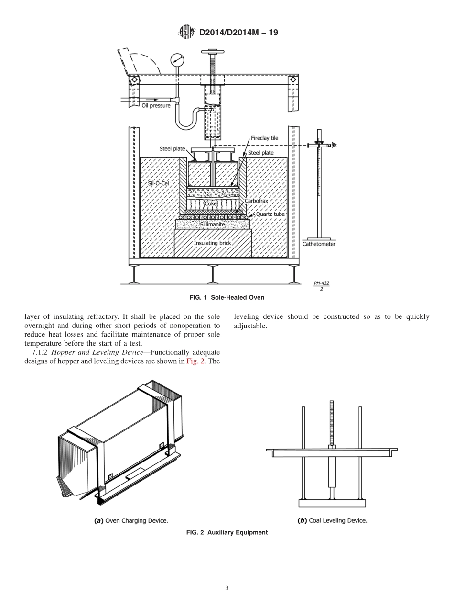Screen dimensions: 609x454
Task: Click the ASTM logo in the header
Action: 186,33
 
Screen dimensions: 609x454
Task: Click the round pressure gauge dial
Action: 177,60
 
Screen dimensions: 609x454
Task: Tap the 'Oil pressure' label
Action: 156,105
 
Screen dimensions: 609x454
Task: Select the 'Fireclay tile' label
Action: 264,138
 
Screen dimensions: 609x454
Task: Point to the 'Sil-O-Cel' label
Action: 155,183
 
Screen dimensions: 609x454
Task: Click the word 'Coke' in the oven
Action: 211,203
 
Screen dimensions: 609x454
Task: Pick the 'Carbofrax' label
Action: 256,201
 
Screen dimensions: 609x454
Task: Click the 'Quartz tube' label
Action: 270,214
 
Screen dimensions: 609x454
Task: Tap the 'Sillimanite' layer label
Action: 212,224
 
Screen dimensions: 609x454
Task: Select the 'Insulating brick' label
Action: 212,243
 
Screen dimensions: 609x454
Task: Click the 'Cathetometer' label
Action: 319,244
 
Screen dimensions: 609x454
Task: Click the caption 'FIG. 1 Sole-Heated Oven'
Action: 227,297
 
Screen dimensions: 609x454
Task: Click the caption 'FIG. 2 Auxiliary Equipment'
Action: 227,532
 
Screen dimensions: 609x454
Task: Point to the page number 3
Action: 227,588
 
